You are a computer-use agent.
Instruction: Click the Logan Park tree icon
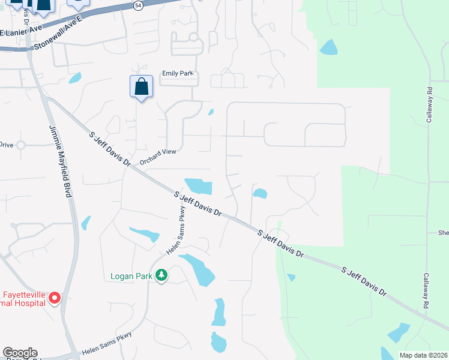coord(161,275)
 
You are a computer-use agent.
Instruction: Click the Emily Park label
coord(178,73)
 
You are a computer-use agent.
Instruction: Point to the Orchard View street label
coord(158,157)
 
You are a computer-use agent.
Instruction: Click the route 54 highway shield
coord(139,5)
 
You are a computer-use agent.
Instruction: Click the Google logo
coord(20,353)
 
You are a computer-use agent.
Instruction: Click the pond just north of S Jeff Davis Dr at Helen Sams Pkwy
coord(199,186)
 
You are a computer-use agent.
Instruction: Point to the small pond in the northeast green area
coord(328,47)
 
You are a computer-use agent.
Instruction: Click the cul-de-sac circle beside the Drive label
coord(21,145)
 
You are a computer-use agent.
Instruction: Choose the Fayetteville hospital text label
coord(24,299)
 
